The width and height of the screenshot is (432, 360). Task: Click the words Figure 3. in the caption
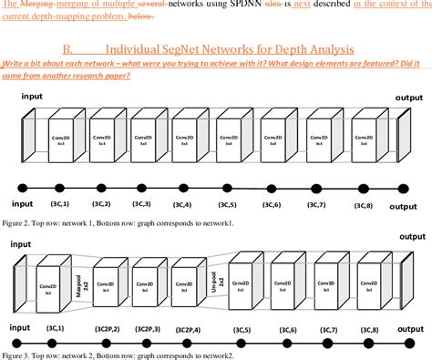pyautogui.click(x=16, y=354)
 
